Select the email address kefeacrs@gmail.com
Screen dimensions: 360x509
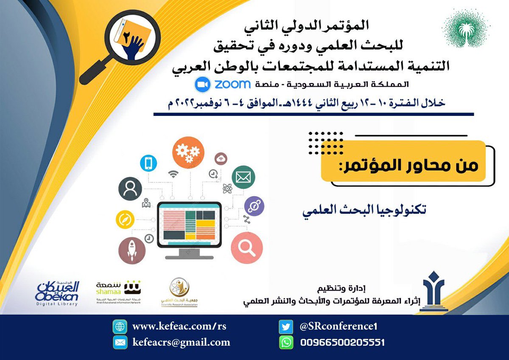click(181, 342)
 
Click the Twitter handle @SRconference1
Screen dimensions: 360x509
click(338, 326)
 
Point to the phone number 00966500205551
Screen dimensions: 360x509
click(342, 342)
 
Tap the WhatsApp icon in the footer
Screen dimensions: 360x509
click(286, 342)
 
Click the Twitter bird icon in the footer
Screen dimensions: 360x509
click(286, 327)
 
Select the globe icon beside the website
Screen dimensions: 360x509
click(120, 327)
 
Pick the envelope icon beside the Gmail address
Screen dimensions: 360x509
click(120, 342)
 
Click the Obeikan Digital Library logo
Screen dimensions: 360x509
click(57, 292)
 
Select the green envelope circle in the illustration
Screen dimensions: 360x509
click(243, 177)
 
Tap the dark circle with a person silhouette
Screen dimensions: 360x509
click(130, 189)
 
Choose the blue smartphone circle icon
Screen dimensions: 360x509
click(148, 163)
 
